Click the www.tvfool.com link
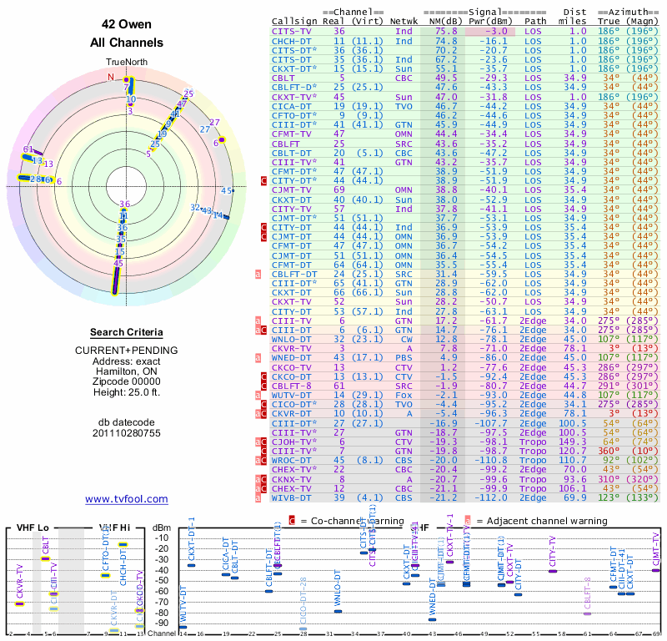[126, 499]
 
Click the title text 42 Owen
[126, 24]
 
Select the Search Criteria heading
[126, 332]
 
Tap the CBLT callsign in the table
[285, 78]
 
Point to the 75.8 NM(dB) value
[445, 31]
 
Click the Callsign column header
[296, 20]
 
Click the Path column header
[535, 20]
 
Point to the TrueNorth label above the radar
[126, 62]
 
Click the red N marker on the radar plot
[110, 77]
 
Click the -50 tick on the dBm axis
[160, 581]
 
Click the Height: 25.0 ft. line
[126, 392]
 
